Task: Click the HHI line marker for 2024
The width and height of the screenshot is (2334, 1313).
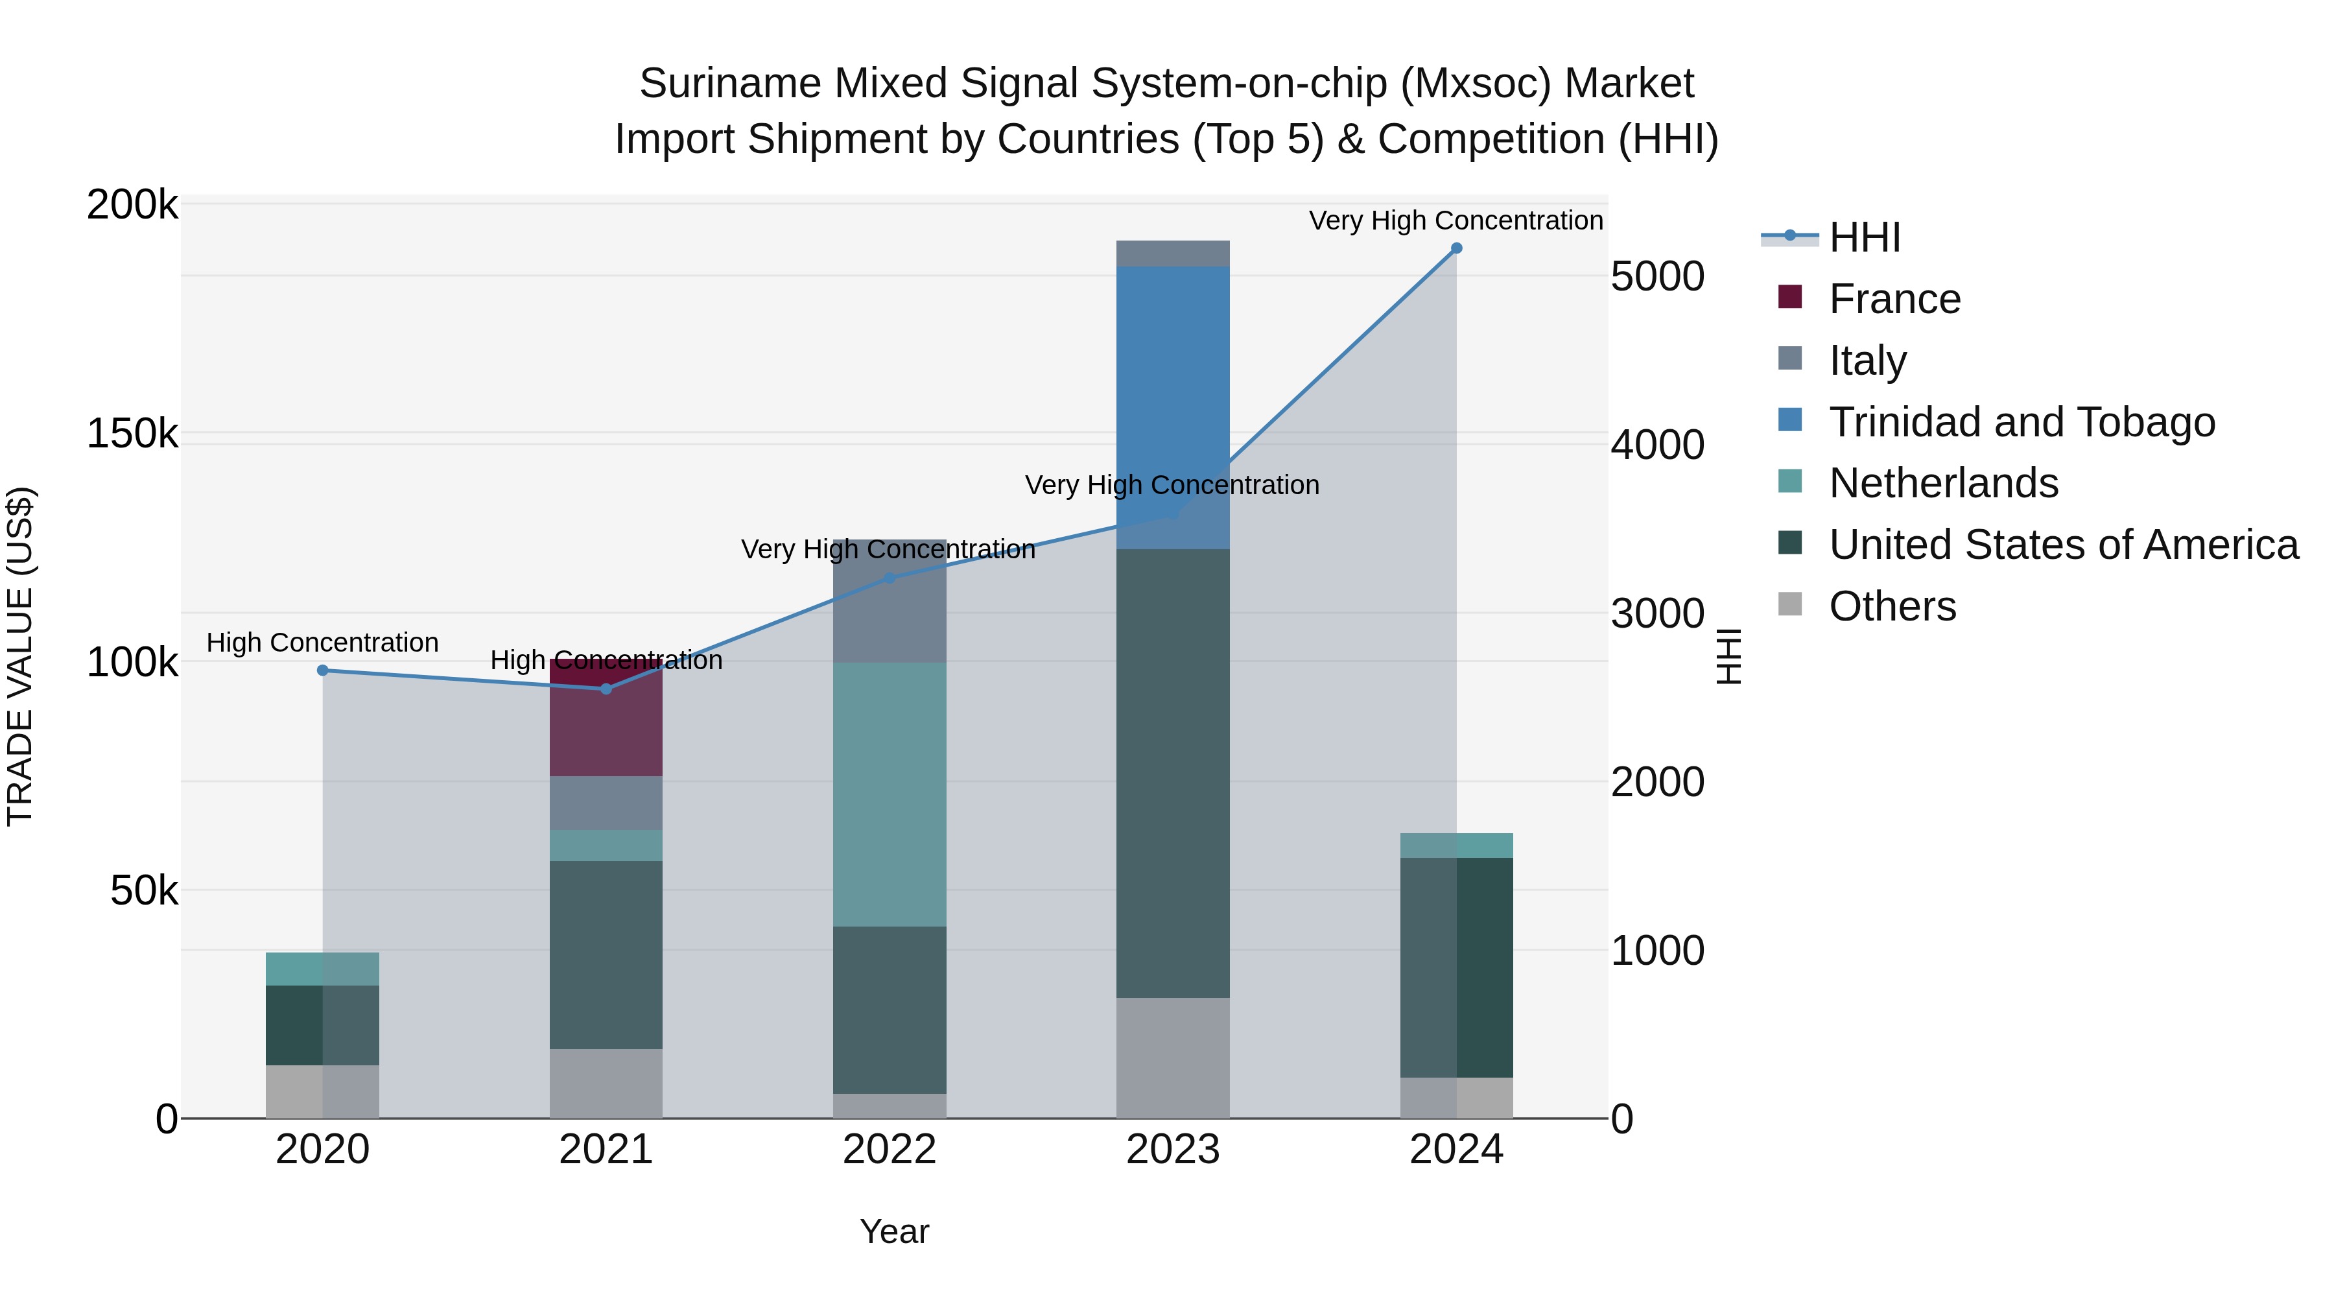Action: click(x=1456, y=248)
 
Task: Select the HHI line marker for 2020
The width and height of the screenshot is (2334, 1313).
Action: click(x=323, y=670)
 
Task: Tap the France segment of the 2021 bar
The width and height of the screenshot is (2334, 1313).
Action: click(x=606, y=718)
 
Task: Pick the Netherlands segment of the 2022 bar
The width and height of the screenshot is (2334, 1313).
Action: click(x=890, y=795)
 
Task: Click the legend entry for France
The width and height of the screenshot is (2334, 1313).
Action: click(x=1894, y=299)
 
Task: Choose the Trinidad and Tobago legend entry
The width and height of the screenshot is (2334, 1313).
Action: click(x=2020, y=422)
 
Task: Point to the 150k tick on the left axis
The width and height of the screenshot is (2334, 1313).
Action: click(x=132, y=434)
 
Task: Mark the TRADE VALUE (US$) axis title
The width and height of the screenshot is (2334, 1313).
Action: click(x=20, y=656)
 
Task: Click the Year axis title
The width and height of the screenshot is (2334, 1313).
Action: click(x=894, y=1231)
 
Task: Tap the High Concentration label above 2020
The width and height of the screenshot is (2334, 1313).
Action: click(x=323, y=643)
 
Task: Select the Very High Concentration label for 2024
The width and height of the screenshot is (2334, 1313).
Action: click(x=1456, y=220)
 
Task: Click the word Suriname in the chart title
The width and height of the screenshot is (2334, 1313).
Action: click(x=730, y=84)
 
